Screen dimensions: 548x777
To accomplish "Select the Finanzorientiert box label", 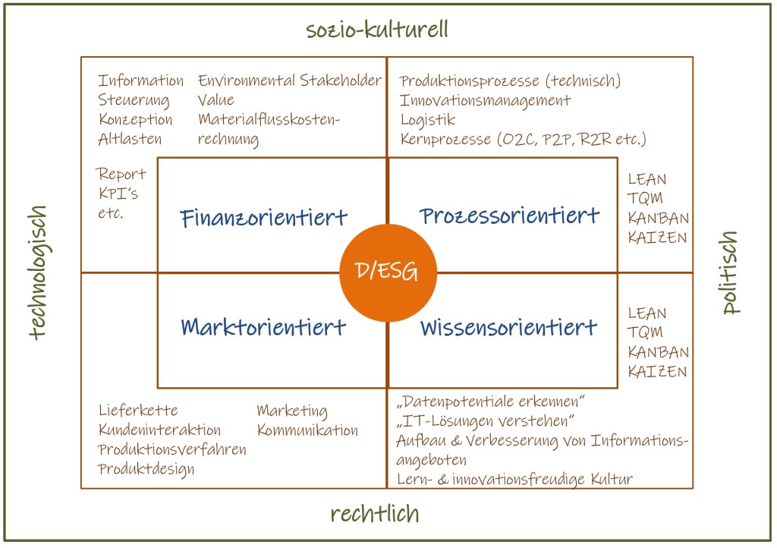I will pos(264,219).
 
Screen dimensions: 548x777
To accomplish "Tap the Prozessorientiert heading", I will pos(509,217).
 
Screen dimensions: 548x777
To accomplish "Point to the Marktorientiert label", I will pos(263,327).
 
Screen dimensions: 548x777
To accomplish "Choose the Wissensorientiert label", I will pos(508,328).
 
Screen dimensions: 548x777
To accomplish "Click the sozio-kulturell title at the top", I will pos(377,30).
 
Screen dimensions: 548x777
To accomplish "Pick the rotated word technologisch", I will pos(39,272).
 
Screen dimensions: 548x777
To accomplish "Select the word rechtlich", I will pos(375,514).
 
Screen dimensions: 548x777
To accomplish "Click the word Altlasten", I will pos(130,140).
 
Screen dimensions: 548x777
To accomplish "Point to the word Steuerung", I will pos(134,100).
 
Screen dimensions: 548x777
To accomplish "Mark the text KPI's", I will pos(118,194).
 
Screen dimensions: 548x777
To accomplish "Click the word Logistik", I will pos(428,120).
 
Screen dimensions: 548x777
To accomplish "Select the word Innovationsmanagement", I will pos(486,100).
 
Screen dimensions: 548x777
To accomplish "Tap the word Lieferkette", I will pos(138,411).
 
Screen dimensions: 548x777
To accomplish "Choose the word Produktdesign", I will pos(146,469).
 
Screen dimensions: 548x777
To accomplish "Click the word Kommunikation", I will pos(307,430).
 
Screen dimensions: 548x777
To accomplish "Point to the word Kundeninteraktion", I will pos(159,430).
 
